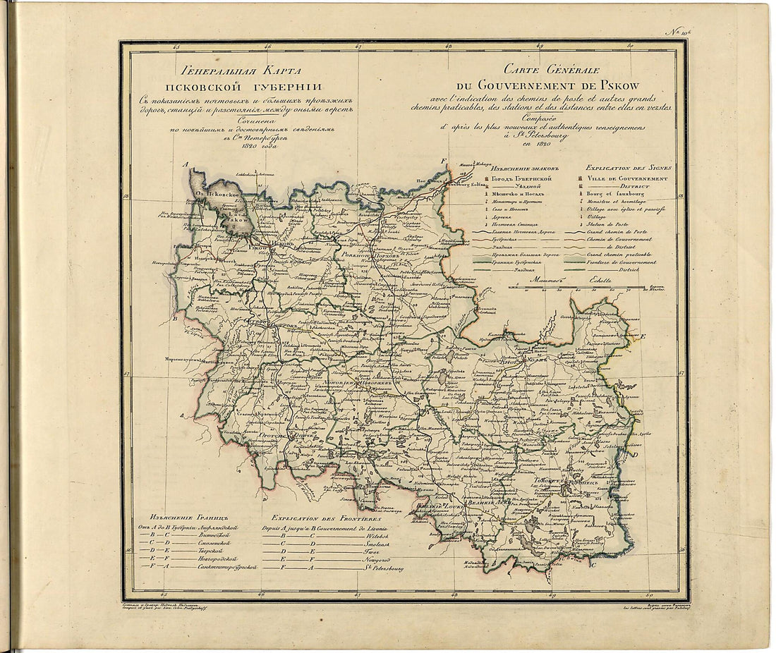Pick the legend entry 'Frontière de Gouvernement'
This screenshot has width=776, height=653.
620,262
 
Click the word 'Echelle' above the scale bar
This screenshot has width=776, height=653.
602,281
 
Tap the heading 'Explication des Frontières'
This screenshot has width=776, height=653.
321,516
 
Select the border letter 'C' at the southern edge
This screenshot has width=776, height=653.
595,563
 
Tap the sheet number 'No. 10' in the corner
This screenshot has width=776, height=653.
749,30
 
